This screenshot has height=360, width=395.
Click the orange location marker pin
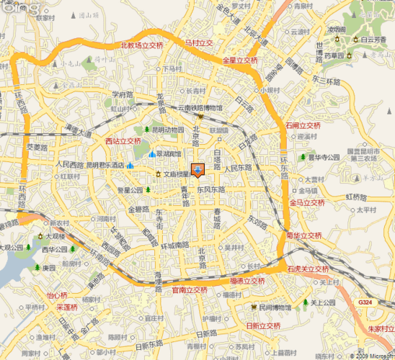(197, 170)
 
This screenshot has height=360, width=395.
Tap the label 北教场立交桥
(141, 45)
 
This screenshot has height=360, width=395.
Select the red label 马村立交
(198, 43)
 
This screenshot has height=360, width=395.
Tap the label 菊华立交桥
(303, 235)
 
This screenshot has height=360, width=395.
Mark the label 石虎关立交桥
(308, 268)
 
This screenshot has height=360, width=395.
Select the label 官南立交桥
(189, 290)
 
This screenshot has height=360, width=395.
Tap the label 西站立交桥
(123, 141)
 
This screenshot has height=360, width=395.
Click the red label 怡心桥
(56, 295)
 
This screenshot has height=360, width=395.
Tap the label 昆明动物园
(167, 130)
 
